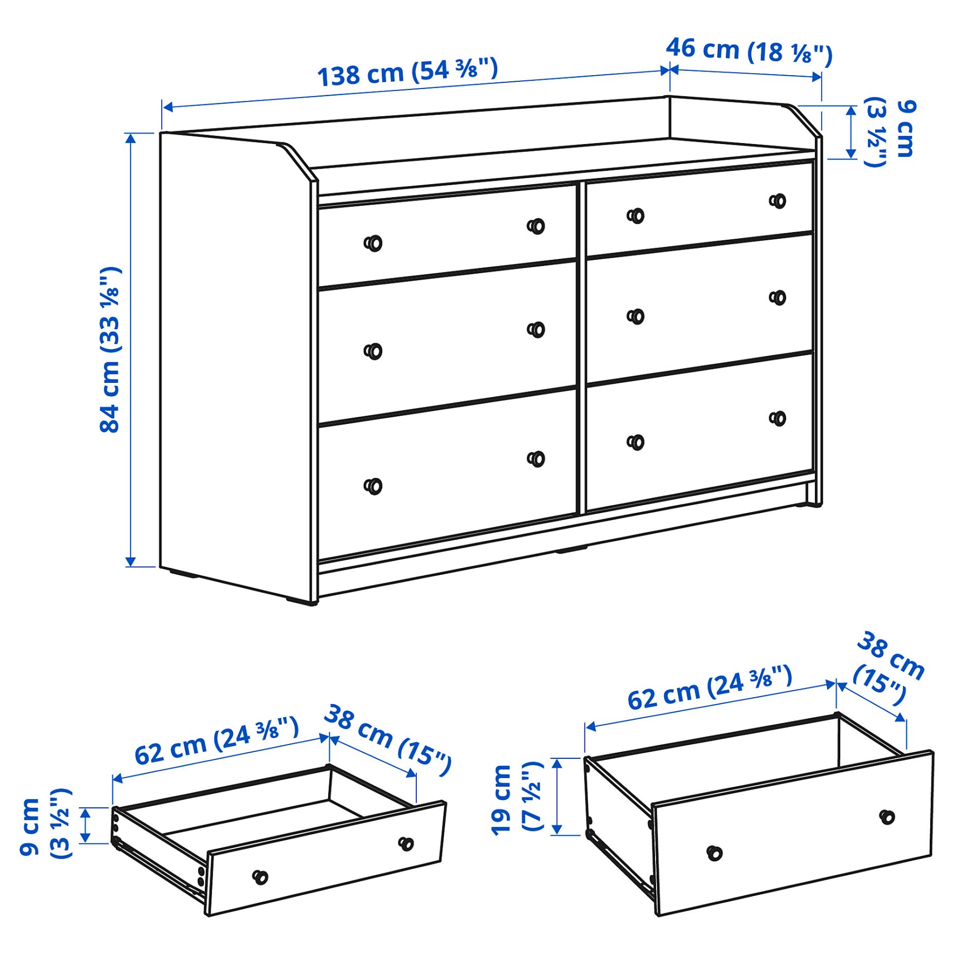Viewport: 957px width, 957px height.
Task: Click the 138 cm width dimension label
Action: pos(407,72)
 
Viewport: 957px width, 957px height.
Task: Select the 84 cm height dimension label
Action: pos(110,350)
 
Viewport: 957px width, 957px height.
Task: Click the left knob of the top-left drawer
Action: pos(374,243)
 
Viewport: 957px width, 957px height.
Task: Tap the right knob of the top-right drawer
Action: pos(778,201)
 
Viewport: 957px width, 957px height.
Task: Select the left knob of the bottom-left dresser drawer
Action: pos(374,486)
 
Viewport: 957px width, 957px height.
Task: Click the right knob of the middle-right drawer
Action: pos(778,297)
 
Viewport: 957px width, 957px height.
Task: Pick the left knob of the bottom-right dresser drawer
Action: pos(636,442)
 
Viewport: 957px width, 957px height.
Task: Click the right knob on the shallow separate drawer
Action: pos(406,844)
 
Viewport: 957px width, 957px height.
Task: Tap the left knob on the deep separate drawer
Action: pos(714,853)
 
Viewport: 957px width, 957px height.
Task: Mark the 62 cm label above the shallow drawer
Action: pos(217,740)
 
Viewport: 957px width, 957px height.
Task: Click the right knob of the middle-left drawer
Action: pos(537,329)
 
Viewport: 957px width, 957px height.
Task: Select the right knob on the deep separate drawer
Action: pos(887,817)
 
